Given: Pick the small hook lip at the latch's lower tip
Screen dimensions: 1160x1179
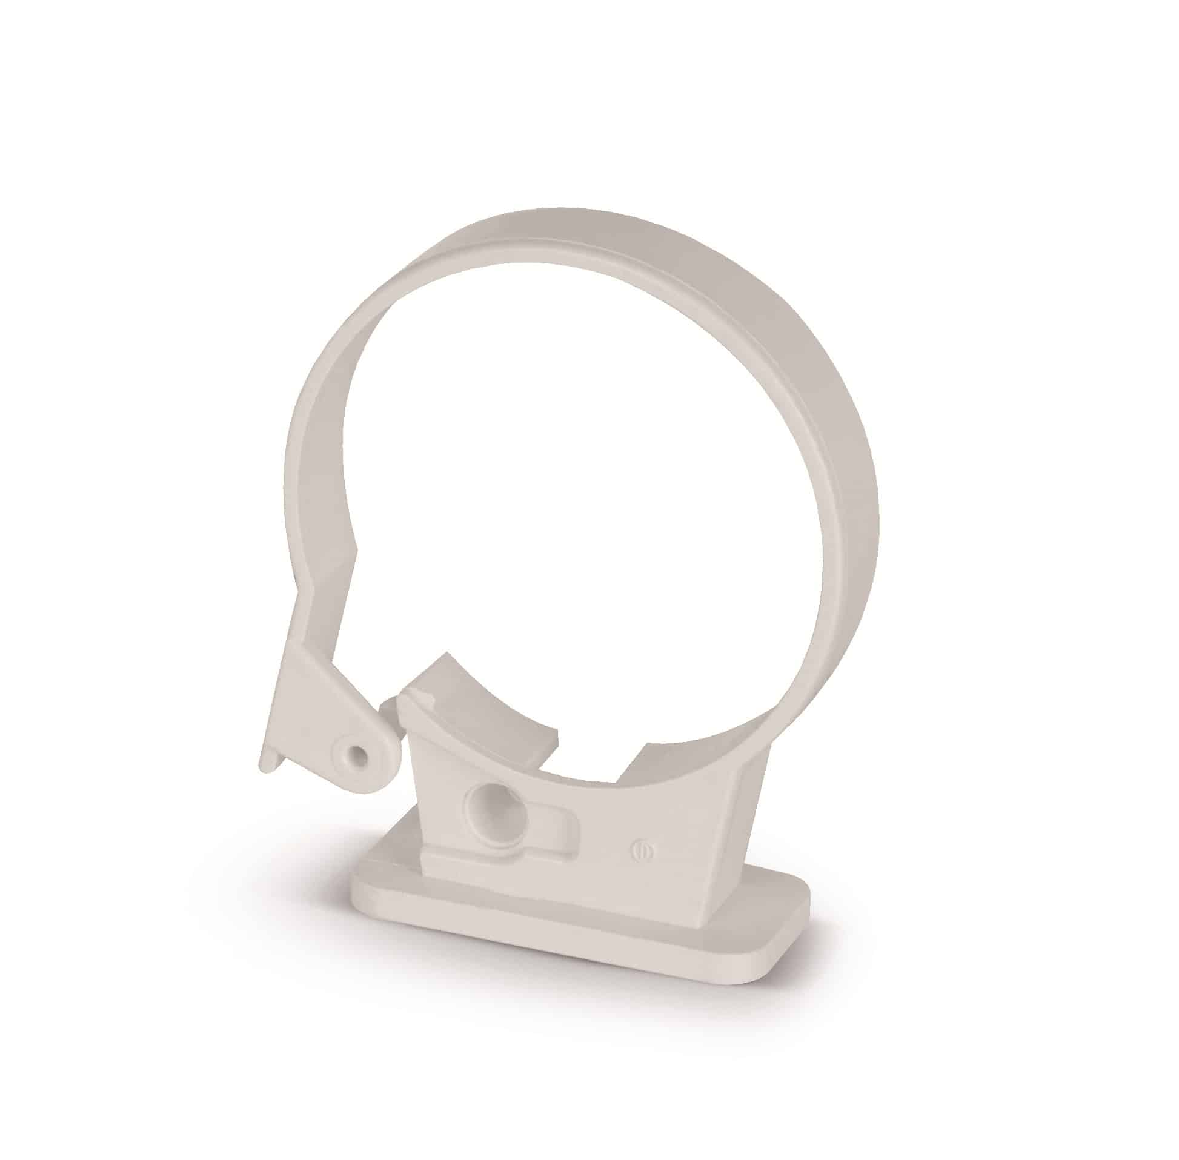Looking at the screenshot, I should [268, 761].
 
